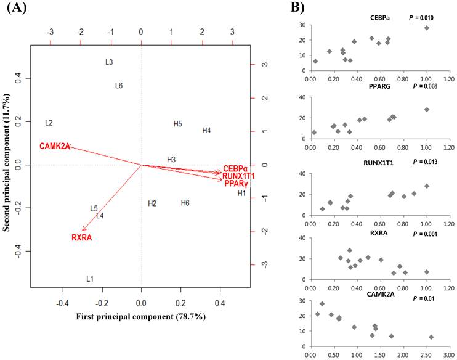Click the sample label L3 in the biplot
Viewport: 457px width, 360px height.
[109, 62]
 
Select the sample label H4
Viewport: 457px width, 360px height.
[206, 131]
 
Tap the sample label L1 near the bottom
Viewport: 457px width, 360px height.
[90, 279]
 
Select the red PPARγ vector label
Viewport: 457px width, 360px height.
[236, 184]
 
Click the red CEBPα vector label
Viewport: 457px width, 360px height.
[235, 168]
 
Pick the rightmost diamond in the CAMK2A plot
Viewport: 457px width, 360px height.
[431, 337]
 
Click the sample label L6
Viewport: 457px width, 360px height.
[119, 86]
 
